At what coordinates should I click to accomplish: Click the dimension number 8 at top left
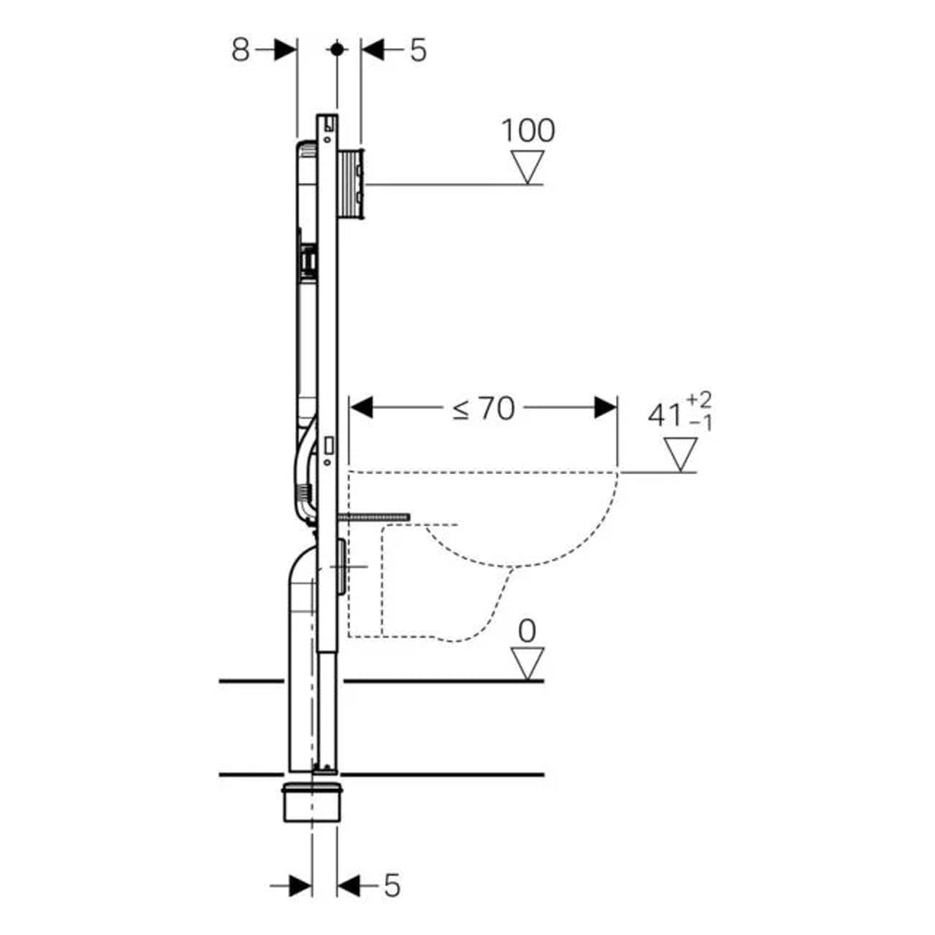coord(241,50)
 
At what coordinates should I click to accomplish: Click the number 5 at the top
coord(417,50)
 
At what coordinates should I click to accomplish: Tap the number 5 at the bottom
coord(391,884)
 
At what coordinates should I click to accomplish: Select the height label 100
coord(528,130)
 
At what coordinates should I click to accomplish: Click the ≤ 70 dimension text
coord(484,409)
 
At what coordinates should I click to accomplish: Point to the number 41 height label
coord(665,413)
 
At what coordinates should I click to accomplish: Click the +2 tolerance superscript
coord(698,400)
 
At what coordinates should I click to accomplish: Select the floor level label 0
coord(528,631)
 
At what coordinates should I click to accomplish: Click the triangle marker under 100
coord(528,169)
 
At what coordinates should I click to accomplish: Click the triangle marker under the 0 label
coord(528,665)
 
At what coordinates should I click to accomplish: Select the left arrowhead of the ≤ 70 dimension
coord(361,409)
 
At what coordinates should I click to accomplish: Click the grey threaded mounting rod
coord(373,515)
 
